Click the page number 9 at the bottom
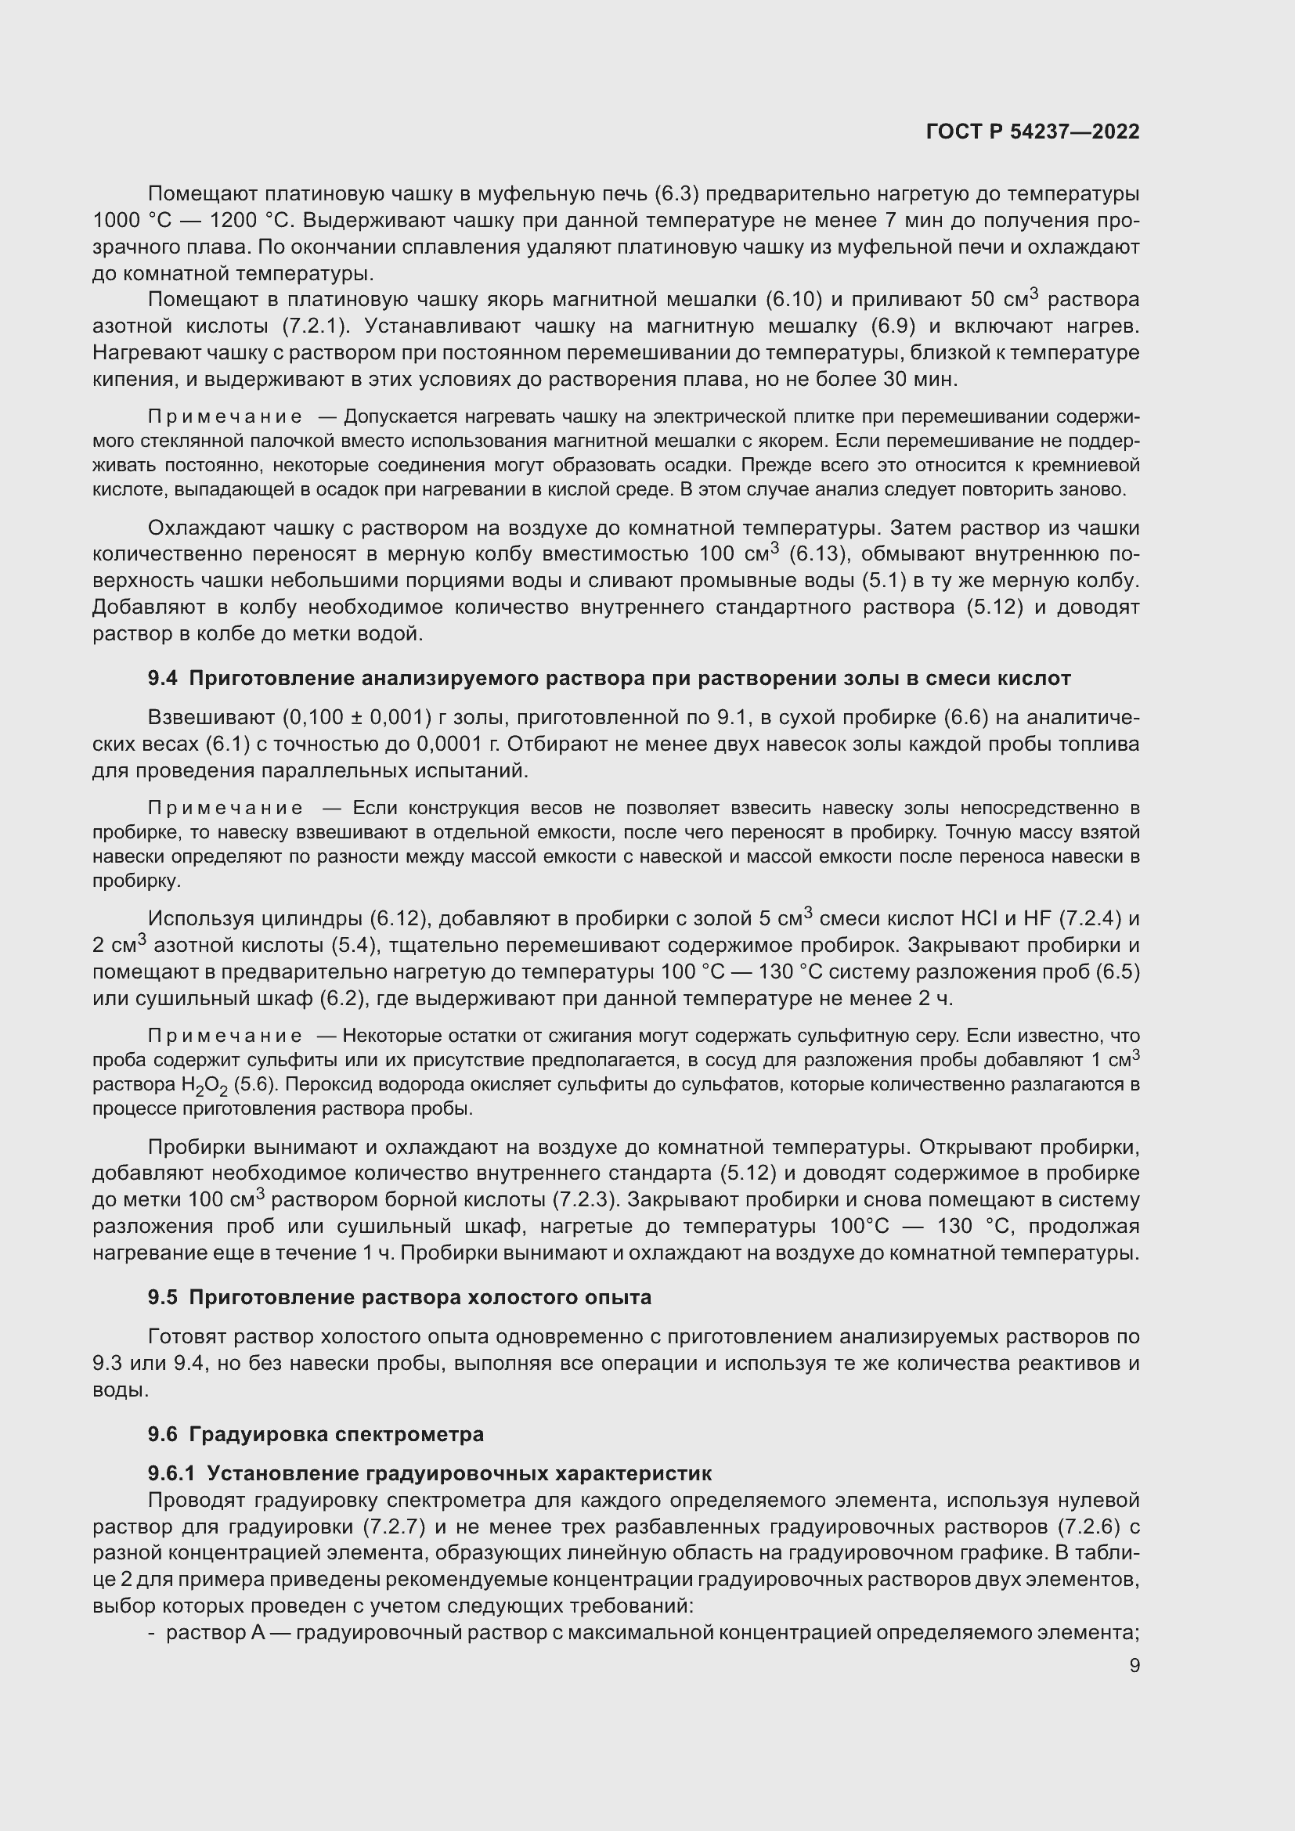pos(1134,1665)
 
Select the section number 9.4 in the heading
pos(162,678)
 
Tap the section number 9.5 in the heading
pos(162,1297)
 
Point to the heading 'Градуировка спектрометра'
pos(336,1434)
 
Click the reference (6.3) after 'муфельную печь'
pos(676,194)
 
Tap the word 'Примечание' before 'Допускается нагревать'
pos(225,417)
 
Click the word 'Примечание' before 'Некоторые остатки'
pos(225,1036)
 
